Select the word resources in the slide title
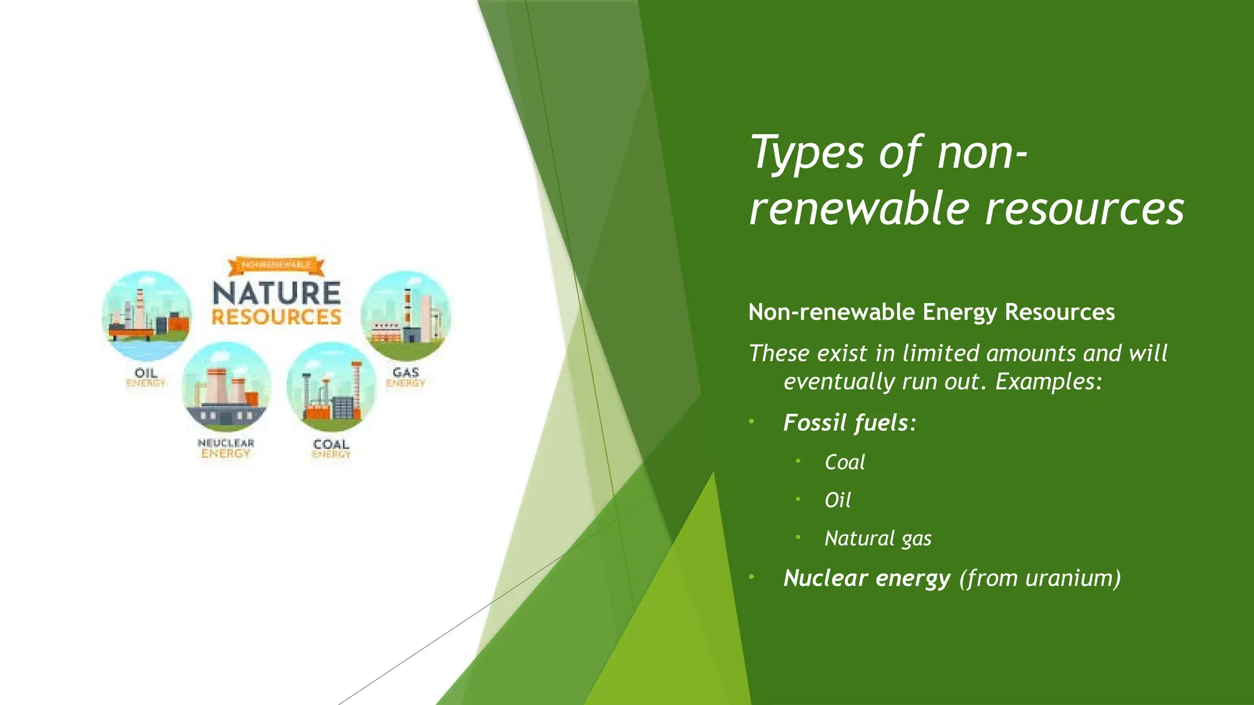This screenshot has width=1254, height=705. (1084, 209)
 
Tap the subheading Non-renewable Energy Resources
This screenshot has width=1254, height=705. (931, 312)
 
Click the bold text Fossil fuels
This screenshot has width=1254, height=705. (846, 423)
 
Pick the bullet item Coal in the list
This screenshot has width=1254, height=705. (844, 462)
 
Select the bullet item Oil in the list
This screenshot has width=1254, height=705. (838, 501)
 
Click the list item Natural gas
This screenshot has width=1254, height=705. (877, 539)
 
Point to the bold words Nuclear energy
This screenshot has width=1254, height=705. (866, 578)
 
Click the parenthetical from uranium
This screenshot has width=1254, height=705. (1040, 578)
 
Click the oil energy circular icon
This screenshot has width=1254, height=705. (146, 316)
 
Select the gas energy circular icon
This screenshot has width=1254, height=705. (405, 316)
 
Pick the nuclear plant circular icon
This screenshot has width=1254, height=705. (226, 387)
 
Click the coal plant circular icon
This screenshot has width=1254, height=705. (331, 387)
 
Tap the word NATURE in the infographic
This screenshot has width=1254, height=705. (276, 293)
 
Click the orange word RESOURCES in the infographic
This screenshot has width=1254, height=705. (276, 317)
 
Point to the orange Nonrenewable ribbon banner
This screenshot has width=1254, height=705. (276, 265)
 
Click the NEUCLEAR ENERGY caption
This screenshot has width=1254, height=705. (226, 448)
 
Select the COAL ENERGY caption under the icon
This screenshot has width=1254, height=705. (331, 449)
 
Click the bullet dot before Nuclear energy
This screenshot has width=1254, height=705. (751, 576)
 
